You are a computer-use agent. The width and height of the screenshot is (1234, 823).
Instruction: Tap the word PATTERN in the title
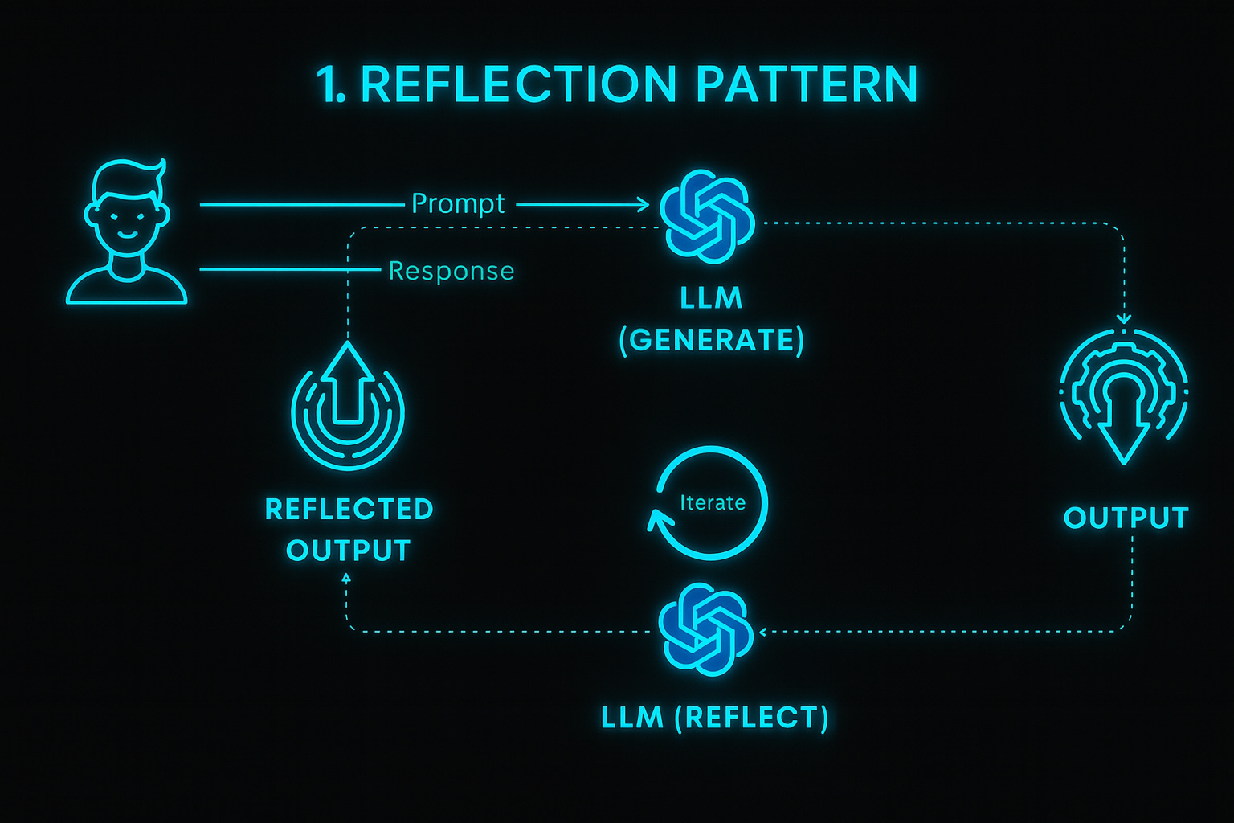pyautogui.click(x=806, y=84)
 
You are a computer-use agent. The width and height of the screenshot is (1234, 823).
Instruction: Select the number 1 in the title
pyautogui.click(x=328, y=84)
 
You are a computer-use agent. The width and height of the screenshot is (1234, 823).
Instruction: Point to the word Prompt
pyautogui.click(x=458, y=204)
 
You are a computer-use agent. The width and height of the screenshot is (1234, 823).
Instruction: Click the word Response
pyautogui.click(x=452, y=271)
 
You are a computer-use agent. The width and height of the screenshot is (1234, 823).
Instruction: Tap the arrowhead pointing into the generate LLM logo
pyautogui.click(x=643, y=205)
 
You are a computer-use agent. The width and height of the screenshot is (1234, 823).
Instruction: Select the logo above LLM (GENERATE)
pyautogui.click(x=707, y=216)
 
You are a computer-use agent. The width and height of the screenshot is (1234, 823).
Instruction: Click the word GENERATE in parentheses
pyautogui.click(x=712, y=341)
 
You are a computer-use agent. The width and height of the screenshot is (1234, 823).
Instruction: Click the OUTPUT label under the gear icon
pyautogui.click(x=1126, y=518)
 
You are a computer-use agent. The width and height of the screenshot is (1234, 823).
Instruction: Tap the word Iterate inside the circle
pyautogui.click(x=713, y=503)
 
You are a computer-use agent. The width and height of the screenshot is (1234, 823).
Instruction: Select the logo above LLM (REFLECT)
pyautogui.click(x=706, y=629)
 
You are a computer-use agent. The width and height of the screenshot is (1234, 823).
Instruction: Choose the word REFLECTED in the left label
pyautogui.click(x=349, y=510)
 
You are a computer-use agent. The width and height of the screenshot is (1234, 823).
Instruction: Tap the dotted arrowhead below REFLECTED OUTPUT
pyautogui.click(x=346, y=577)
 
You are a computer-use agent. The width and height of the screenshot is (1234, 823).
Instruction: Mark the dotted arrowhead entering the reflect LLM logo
pyautogui.click(x=762, y=632)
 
